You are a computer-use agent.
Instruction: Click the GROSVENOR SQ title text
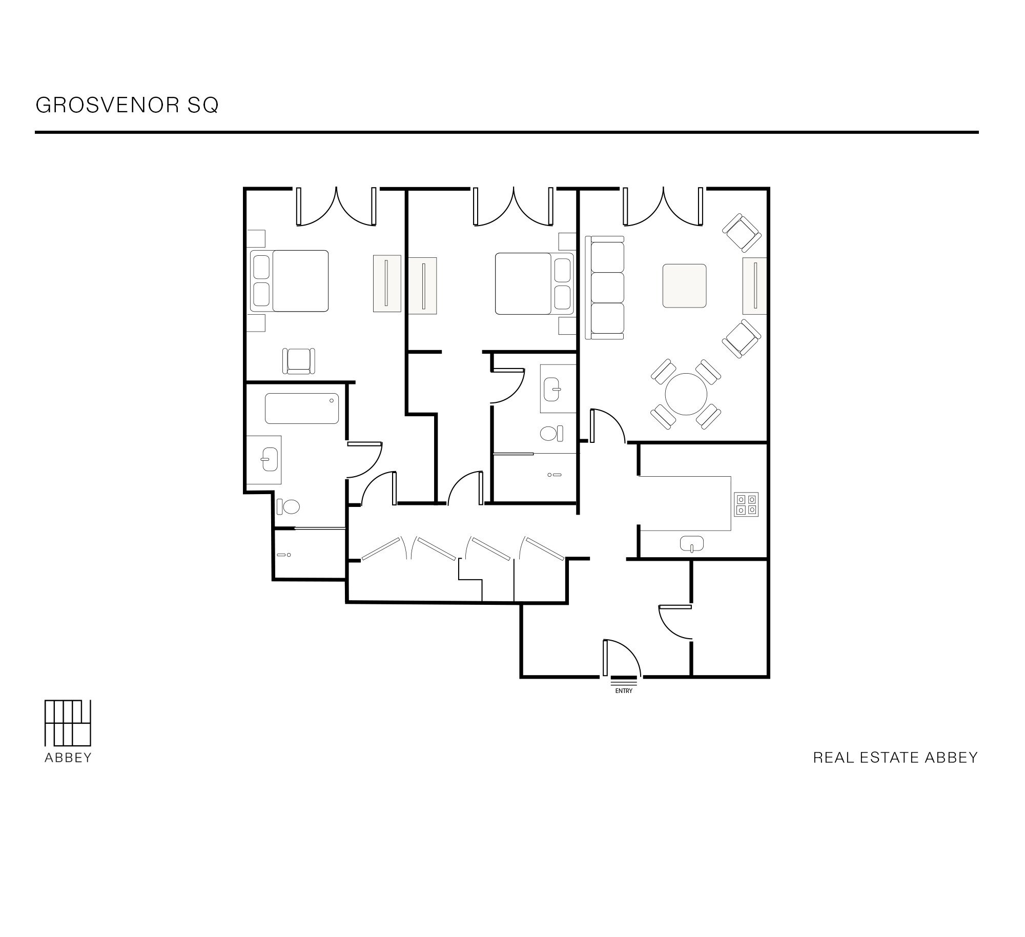click(x=127, y=105)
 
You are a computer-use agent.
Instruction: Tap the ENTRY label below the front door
click(x=624, y=691)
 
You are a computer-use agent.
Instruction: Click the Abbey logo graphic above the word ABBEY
click(x=68, y=723)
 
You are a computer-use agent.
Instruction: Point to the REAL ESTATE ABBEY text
click(x=895, y=758)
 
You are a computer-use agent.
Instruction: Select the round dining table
click(x=686, y=394)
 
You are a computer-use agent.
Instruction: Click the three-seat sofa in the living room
click(x=605, y=288)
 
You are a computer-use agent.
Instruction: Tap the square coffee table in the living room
click(x=684, y=286)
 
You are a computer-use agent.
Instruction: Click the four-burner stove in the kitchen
click(x=746, y=504)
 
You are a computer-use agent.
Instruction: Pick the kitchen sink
click(x=692, y=543)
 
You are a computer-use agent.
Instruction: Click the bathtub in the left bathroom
click(x=302, y=409)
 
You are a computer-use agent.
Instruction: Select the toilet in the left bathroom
click(x=289, y=507)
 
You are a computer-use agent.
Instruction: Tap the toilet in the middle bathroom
click(x=551, y=433)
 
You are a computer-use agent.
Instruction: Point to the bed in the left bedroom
click(x=289, y=281)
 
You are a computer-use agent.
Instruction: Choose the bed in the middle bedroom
click(x=534, y=283)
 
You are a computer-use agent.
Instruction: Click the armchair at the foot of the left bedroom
click(x=299, y=361)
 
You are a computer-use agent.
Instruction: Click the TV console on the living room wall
click(x=755, y=286)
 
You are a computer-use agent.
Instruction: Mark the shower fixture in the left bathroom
click(x=284, y=555)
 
